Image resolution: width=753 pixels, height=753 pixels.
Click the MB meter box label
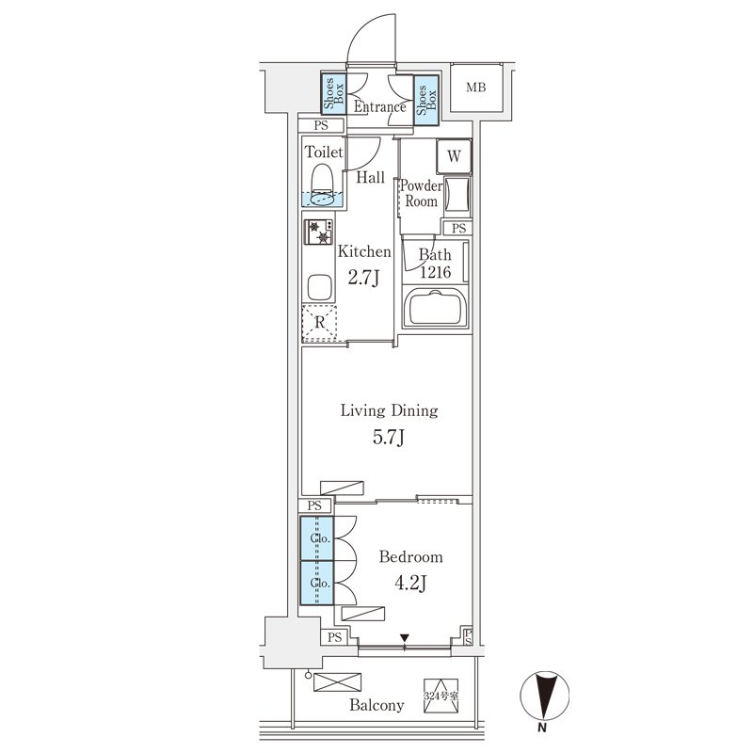[x=476, y=88]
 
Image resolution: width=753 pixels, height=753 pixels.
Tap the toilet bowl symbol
[x=322, y=185]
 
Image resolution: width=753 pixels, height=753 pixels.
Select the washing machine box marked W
[x=454, y=156]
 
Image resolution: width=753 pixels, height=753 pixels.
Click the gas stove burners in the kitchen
[x=318, y=232]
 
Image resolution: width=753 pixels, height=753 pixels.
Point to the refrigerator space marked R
[x=319, y=322]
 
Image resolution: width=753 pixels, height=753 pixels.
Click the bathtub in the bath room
[x=435, y=308]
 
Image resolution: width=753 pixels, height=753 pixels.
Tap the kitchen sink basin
[x=319, y=287]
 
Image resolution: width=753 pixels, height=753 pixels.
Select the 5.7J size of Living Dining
[x=389, y=438]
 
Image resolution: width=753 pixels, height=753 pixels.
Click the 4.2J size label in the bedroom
[x=410, y=583]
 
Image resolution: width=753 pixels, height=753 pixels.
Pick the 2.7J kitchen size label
[x=363, y=277]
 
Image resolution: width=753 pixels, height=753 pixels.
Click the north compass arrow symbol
[x=544, y=696]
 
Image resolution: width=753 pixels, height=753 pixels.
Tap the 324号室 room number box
[x=441, y=696]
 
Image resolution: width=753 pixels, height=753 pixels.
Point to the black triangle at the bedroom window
[x=405, y=638]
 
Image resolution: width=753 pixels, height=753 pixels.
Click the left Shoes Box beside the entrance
[x=334, y=94]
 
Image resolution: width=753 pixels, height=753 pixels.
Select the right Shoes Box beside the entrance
[x=426, y=101]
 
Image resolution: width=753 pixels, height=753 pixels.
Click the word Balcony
[x=376, y=705]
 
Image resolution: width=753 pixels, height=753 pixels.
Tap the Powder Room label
[x=421, y=193]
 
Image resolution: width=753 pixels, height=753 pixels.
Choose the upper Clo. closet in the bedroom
[x=317, y=537]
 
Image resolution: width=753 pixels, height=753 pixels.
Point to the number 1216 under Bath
[x=436, y=272]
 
